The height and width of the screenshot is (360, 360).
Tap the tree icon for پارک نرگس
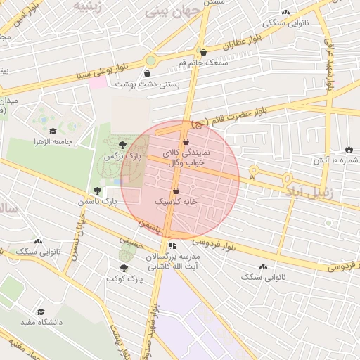pos(124,144)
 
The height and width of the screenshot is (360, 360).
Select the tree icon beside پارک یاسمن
pos(97,191)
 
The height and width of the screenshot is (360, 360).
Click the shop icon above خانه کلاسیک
pos(176,191)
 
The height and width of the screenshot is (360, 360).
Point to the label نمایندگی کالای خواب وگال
pos(184,157)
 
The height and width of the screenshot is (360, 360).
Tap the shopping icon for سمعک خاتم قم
pos(204,52)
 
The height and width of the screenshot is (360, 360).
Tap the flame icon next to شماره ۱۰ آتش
pos(349,149)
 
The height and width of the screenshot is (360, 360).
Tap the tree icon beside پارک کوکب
pos(124,268)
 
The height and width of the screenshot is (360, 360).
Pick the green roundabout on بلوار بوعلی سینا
pos(151,60)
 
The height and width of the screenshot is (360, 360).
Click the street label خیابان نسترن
pos(78,232)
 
